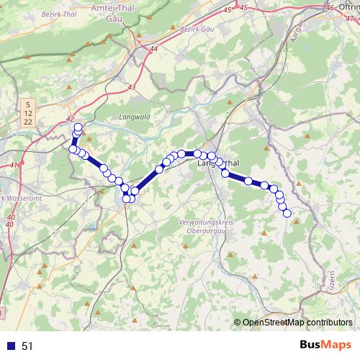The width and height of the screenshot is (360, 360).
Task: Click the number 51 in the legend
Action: [27, 346]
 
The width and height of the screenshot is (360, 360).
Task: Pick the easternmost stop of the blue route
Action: [287, 213]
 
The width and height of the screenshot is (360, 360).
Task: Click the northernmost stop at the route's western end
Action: [78, 127]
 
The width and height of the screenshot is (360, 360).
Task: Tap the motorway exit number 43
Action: [130, 87]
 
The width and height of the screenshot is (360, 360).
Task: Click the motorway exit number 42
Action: [70, 120]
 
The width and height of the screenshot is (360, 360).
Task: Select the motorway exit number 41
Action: [14, 166]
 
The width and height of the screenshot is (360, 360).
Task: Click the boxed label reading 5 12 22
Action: [27, 114]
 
